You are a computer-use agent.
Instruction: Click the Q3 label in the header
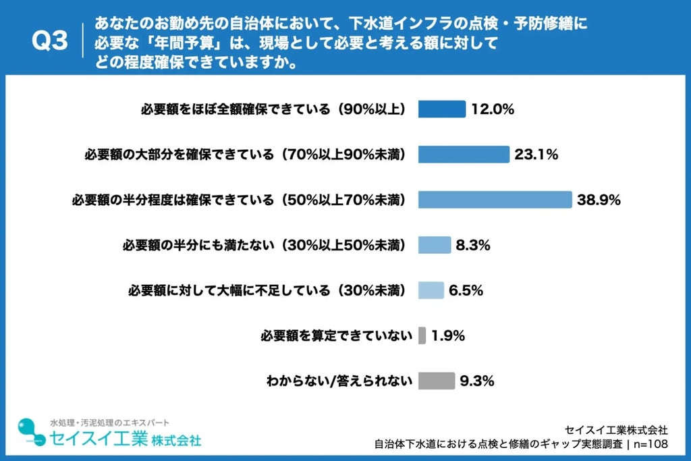pos(50,41)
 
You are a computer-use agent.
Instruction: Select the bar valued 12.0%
pos(441,109)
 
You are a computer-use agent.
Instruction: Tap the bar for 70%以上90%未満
pos(464,155)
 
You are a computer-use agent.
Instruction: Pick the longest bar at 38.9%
pos(495,200)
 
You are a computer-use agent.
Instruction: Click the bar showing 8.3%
pos(435,245)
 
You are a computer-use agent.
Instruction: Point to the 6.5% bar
pos(431,290)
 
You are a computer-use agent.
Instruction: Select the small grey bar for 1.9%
pos(422,335)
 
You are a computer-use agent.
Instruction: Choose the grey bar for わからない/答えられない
pos(437,381)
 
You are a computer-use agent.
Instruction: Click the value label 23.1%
pos(536,155)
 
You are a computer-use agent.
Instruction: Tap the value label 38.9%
pos(599,200)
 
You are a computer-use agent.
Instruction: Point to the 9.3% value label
pos(477,381)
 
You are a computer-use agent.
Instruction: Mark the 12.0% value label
pos(493,109)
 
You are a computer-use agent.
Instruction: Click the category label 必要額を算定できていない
pos(337,336)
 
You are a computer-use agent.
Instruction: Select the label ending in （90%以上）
pos(273,109)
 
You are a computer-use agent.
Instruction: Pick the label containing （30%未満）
pos(267,290)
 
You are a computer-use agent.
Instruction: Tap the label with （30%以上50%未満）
pos(264,245)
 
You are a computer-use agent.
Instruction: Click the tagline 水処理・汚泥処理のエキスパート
pos(109,423)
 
